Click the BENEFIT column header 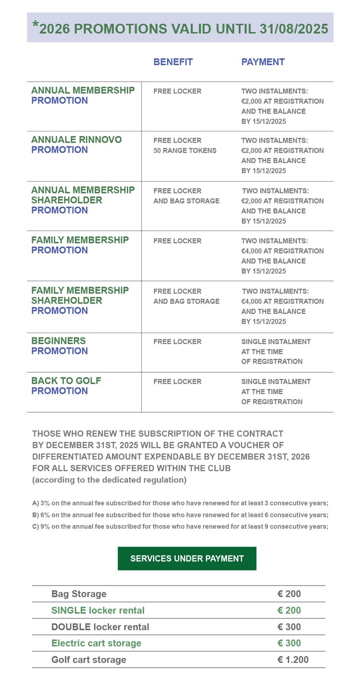tap(173, 62)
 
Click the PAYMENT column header tap(263, 62)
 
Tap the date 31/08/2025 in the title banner tap(294, 29)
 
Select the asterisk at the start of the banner tap(36, 25)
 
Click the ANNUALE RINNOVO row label tap(76, 140)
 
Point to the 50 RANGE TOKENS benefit tap(185, 151)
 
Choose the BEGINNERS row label tap(59, 341)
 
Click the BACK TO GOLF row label tap(66, 381)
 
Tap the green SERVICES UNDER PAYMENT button tap(187, 559)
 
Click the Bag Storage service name tap(79, 594)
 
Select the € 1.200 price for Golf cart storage tap(293, 660)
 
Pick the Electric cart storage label tap(96, 643)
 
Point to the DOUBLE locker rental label tap(100, 627)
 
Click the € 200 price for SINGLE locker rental tap(289, 611)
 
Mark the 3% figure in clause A tap(45, 503)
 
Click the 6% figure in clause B tap(45, 515)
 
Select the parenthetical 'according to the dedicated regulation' tap(109, 480)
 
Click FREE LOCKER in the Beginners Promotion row tap(177, 342)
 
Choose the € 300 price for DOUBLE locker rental tap(289, 627)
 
